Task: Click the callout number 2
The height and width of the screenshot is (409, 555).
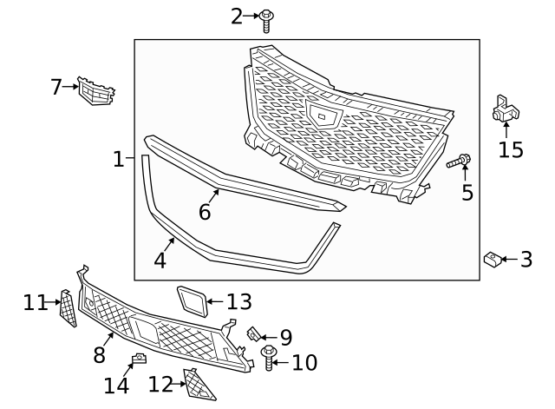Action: coord(237,16)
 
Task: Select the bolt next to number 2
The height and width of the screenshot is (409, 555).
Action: coord(265,18)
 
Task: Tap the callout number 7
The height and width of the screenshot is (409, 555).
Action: coord(56,87)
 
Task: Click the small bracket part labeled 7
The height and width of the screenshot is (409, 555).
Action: coord(95,90)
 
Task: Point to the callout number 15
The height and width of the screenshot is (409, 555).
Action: coord(511,149)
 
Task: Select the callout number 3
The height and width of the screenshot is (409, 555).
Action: coord(526,259)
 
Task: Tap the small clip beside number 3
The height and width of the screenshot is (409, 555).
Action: coord(492,258)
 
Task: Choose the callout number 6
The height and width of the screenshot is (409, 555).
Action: coord(205,211)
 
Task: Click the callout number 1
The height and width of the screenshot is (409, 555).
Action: coord(119,159)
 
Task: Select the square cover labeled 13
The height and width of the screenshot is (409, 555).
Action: coord(192,301)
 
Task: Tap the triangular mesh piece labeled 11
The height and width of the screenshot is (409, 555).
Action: coord(68,307)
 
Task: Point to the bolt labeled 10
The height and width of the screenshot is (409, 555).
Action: coord(267,358)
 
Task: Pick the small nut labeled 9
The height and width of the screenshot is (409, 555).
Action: coord(254,333)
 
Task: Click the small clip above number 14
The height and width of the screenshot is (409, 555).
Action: coord(137,360)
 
